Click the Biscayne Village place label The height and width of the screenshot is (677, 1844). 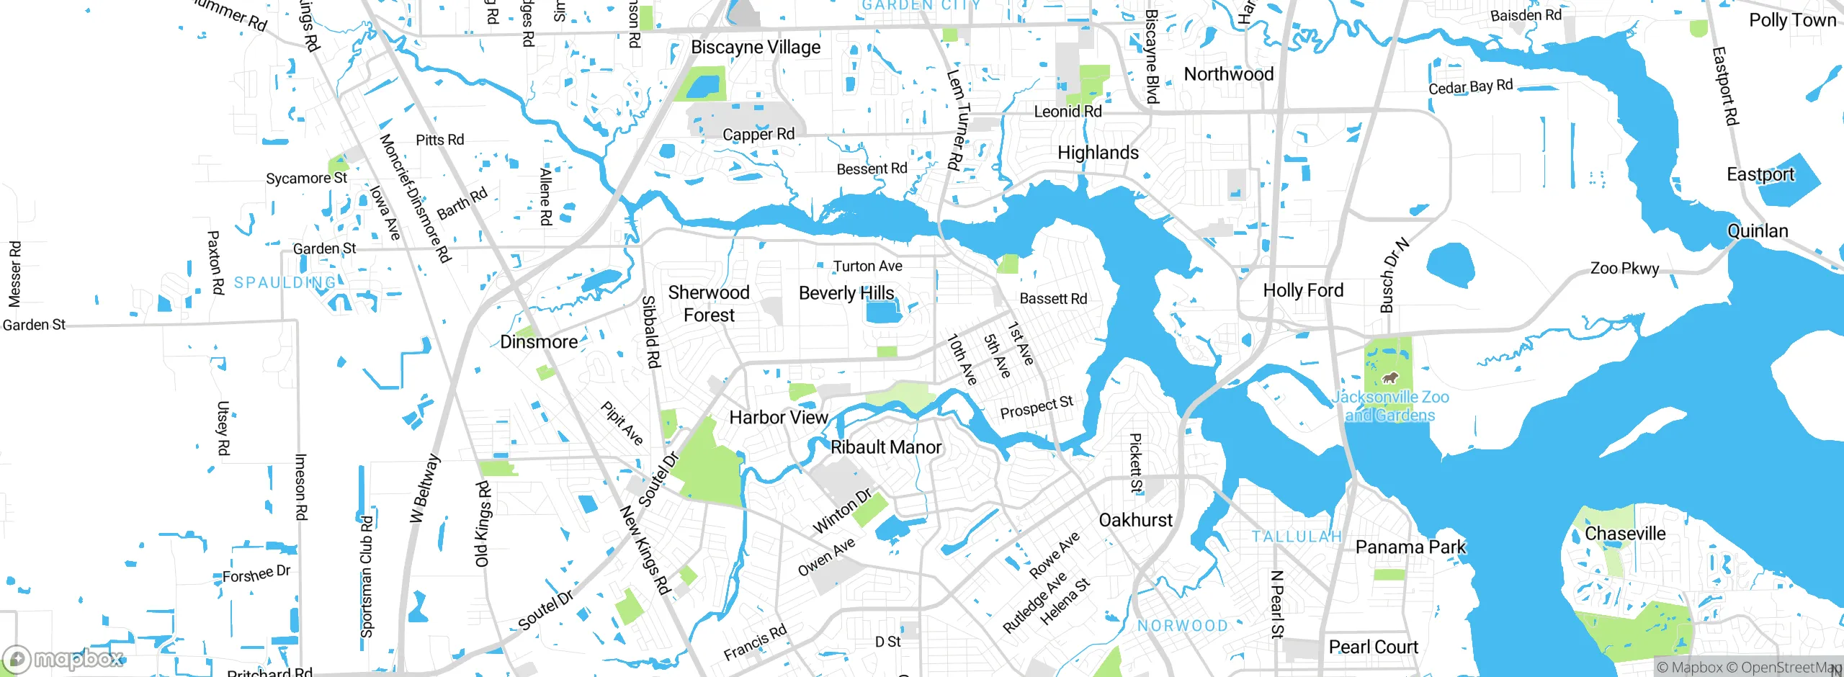tap(756, 48)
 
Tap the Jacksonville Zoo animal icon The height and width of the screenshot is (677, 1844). tap(1389, 377)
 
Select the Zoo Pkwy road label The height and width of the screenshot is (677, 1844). tap(1624, 269)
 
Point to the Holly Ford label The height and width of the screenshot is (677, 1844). tap(1303, 290)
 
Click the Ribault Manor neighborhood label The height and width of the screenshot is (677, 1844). tap(886, 447)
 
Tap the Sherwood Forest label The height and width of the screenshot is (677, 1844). tap(709, 304)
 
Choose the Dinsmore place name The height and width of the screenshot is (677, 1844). tap(539, 342)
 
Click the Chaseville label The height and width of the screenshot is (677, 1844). tap(1625, 534)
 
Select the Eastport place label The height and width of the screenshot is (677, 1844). tap(1760, 174)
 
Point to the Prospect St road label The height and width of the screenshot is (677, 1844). tap(1037, 408)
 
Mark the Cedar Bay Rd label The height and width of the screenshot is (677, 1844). tap(1470, 87)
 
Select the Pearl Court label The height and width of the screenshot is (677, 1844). tap(1373, 647)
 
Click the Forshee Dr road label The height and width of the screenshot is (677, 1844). tap(256, 575)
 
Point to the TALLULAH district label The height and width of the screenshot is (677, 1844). tap(1297, 537)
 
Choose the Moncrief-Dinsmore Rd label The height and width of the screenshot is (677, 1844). tap(415, 198)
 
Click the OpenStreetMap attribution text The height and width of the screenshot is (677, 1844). tap(1791, 668)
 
